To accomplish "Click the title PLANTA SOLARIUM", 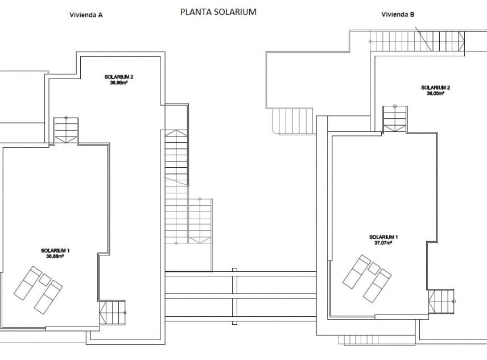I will tap(218, 11).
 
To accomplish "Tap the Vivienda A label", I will tap(82, 15).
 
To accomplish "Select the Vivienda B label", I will tap(398, 15).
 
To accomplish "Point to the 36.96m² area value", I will tap(118, 82).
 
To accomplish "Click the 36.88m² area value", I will tap(55, 256).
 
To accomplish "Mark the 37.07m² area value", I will tap(383, 242).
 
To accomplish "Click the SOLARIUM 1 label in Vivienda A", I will tap(55, 250).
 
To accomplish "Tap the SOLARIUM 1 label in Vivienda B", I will tap(383, 237).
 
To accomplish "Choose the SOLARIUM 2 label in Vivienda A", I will tap(118, 77).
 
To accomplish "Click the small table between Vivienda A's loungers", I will tap(45, 280).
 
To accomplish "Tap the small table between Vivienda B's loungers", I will tap(373, 268).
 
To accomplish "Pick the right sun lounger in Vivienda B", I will tap(377, 285).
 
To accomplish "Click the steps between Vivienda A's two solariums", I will tap(66, 131).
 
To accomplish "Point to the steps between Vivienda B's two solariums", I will tap(395, 118).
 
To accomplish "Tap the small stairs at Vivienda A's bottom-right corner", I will tap(112, 313).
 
